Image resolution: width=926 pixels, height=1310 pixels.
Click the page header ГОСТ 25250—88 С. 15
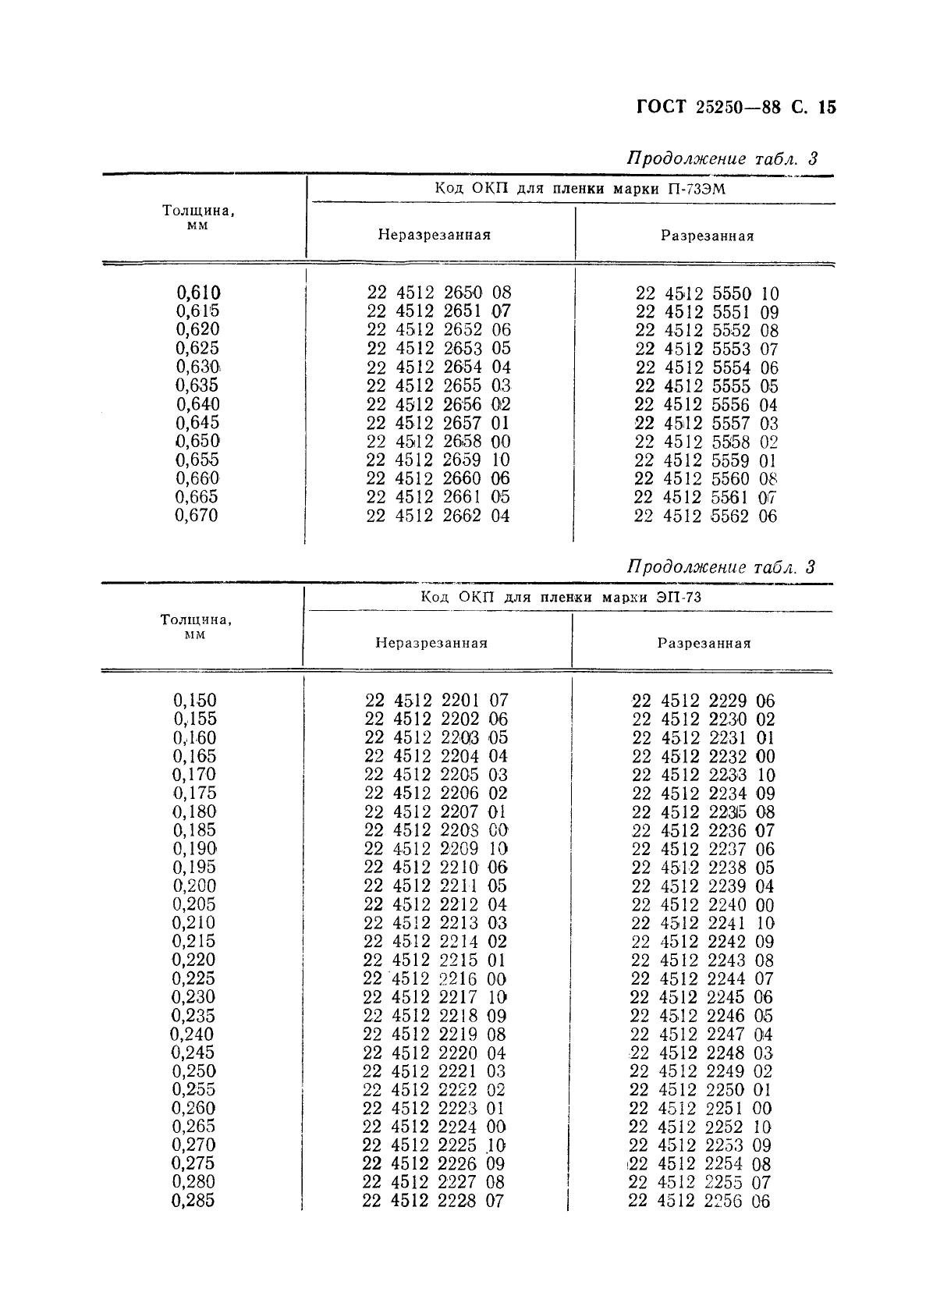[736, 107]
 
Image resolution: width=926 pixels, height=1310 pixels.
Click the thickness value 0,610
[198, 293]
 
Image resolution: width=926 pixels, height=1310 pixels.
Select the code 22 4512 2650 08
[438, 293]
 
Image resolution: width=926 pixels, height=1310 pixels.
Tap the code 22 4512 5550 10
[707, 294]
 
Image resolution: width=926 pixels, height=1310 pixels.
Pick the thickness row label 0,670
[197, 515]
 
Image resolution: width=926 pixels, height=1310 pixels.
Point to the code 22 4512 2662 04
[438, 516]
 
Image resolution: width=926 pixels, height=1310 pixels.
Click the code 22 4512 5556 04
[706, 405]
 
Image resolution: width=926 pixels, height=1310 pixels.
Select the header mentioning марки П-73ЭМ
[580, 189]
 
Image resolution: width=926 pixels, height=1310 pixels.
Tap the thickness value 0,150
[195, 701]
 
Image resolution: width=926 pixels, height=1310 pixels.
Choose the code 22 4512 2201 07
[436, 701]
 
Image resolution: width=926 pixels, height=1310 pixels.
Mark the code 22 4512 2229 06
[703, 701]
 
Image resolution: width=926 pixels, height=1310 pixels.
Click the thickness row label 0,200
[194, 886]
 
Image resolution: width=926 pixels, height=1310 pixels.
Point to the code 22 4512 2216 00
[435, 979]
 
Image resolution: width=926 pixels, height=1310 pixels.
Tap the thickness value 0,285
[193, 1201]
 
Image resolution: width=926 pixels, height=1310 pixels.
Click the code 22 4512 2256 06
[699, 1202]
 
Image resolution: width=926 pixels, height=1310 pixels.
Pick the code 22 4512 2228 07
[433, 1202]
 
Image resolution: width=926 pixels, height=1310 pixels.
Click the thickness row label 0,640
[197, 404]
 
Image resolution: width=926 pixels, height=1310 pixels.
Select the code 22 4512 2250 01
[701, 1090]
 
